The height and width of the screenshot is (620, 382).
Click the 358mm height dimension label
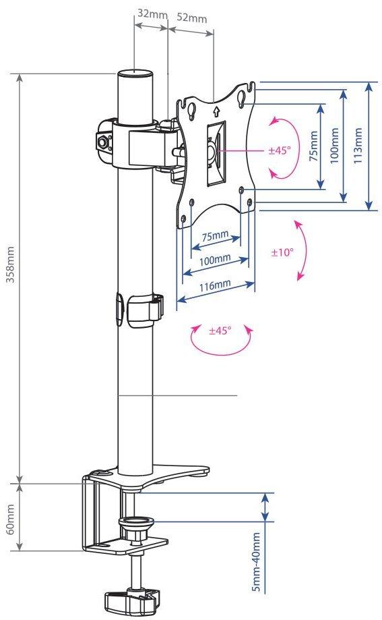(11, 264)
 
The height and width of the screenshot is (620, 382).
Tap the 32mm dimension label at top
(152, 14)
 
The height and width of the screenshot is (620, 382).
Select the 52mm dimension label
(191, 18)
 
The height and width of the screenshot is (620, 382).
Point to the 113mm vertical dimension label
(358, 146)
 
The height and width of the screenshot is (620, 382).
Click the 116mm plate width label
(215, 285)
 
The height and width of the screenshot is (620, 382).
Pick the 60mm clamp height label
(11, 519)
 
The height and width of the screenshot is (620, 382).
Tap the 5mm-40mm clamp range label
(256, 561)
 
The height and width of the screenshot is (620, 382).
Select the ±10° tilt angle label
(282, 252)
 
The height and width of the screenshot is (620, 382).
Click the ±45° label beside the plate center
(279, 150)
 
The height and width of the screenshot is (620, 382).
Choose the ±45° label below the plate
(220, 330)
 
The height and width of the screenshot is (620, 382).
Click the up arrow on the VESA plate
(216, 111)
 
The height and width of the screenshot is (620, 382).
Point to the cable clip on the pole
(140, 309)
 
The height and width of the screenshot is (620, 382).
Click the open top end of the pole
(135, 74)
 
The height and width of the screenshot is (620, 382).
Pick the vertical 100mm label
(334, 146)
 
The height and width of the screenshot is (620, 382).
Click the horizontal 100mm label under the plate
(215, 260)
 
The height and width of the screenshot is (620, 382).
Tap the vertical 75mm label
(313, 146)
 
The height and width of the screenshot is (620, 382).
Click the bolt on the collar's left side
(104, 140)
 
